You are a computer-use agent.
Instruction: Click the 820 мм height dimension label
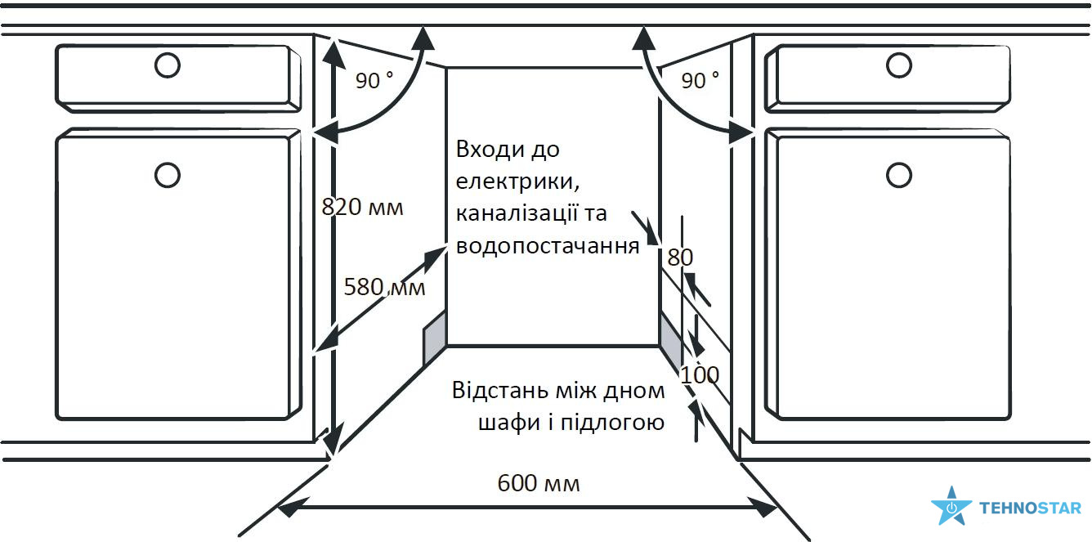[x=362, y=207]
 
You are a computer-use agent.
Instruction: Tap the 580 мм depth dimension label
[x=384, y=287]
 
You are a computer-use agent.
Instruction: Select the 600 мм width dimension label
[x=539, y=483]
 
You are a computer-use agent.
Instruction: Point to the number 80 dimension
[x=680, y=258]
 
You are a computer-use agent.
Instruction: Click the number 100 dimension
[x=700, y=375]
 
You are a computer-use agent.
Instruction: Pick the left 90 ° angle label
[x=374, y=80]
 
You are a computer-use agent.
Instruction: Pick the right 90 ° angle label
[x=700, y=80]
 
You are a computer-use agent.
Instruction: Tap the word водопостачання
[x=548, y=246]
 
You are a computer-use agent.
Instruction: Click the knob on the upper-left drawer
[x=167, y=65]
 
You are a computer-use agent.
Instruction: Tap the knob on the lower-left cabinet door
[x=167, y=174]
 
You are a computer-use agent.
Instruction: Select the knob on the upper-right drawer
[x=899, y=65]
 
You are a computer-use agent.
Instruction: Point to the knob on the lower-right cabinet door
[x=899, y=174]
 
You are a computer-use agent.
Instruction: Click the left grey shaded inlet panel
[x=434, y=338]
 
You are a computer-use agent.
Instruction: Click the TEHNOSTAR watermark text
[x=1030, y=508]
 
